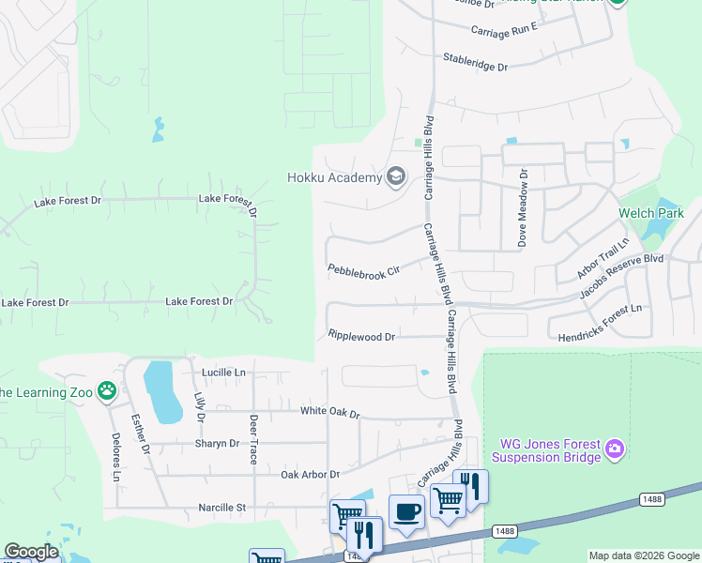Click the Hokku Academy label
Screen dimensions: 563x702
coord(334,177)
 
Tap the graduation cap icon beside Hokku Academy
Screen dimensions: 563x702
coord(396,177)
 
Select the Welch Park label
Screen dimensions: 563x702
coord(651,213)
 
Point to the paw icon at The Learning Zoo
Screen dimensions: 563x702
coord(109,390)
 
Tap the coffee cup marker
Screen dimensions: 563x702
coord(406,511)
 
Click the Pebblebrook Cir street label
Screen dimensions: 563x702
coord(363,270)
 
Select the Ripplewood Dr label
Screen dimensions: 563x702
coord(361,335)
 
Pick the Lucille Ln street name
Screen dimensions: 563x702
coord(223,373)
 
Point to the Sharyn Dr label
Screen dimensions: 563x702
coord(217,443)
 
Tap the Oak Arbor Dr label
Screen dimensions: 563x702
coord(310,475)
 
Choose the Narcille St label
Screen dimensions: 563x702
coord(221,508)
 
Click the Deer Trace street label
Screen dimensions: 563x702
coord(253,439)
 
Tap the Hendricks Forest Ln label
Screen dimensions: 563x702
coord(600,323)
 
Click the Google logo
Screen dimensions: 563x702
coord(31,552)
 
